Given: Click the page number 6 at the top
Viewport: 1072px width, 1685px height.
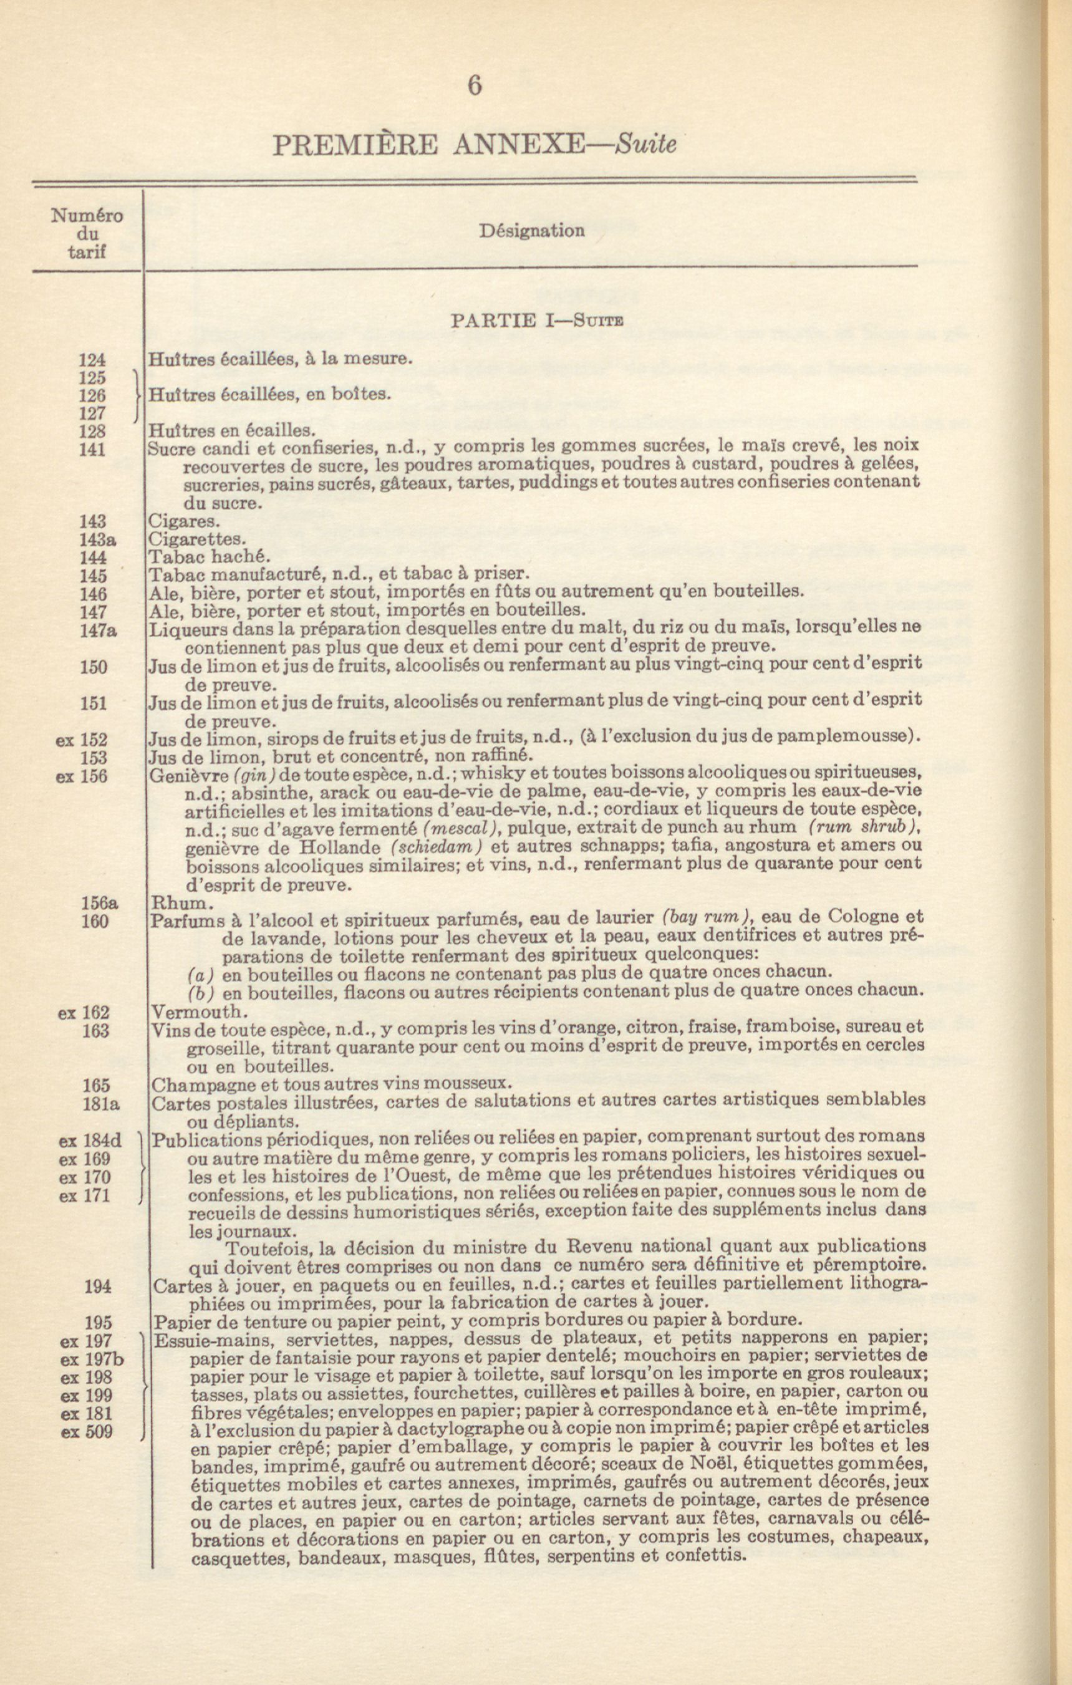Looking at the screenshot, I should point(474,85).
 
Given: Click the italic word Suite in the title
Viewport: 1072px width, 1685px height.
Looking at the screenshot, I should point(645,144).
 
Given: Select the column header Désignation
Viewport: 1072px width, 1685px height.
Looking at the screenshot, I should point(532,231).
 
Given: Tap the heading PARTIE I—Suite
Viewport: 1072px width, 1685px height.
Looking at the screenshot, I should point(537,321).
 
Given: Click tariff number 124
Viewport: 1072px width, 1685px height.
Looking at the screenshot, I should point(92,360).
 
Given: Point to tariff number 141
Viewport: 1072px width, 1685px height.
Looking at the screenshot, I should point(92,449).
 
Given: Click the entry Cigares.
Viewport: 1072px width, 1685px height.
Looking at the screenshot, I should point(175,521).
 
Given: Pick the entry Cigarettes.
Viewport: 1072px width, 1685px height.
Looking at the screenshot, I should point(197,539).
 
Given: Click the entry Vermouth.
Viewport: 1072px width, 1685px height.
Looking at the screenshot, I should point(200,1012).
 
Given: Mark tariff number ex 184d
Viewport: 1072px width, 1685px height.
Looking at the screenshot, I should point(90,1141).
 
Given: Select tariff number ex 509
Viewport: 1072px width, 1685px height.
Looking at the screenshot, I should point(87,1432).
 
